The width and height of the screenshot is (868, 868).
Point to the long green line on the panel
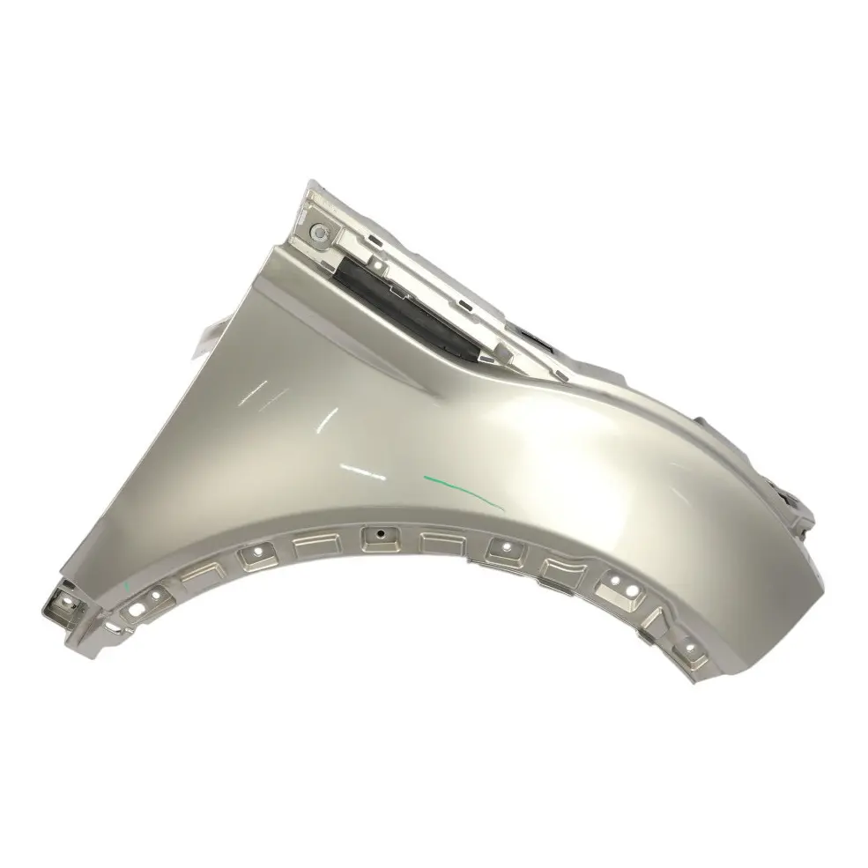[463, 487]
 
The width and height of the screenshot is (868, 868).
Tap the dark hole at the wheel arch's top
[379, 534]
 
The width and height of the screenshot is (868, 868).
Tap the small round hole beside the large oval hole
[158, 595]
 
